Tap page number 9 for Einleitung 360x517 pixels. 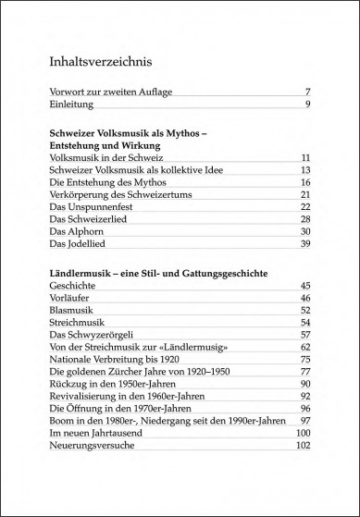click(x=305, y=105)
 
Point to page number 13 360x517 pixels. click(x=304, y=170)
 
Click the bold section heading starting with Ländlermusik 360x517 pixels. click(x=158, y=275)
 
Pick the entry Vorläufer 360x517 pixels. click(x=70, y=299)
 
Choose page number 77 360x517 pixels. click(x=304, y=371)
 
